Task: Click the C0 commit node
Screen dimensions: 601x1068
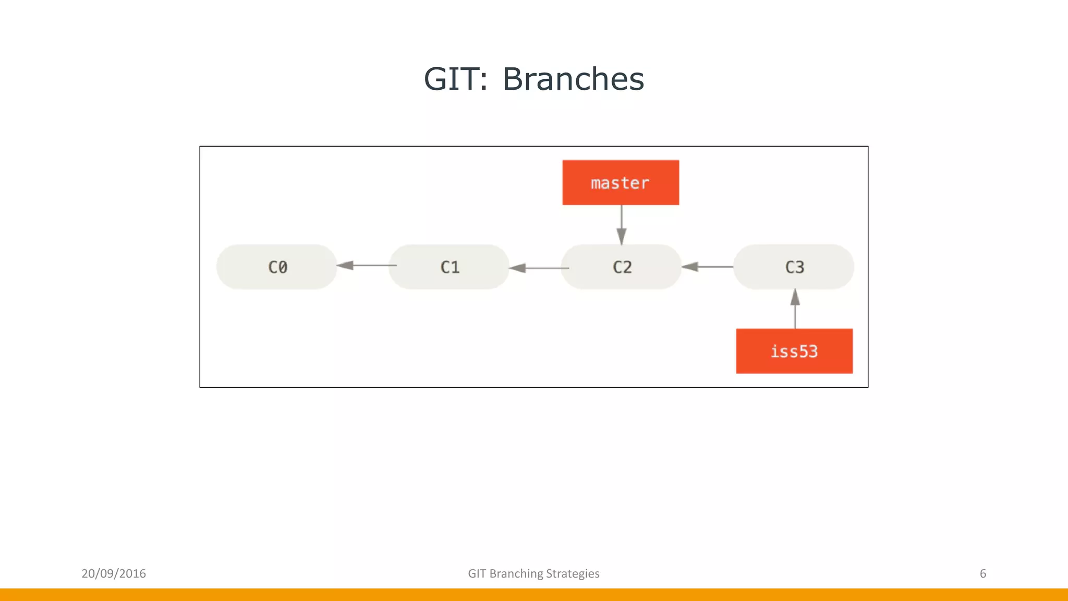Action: pyautogui.click(x=277, y=267)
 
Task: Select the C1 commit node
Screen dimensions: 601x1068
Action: pyautogui.click(x=449, y=267)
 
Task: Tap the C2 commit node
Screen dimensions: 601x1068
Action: pyautogui.click(x=622, y=267)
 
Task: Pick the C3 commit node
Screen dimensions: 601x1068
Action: pyautogui.click(x=794, y=267)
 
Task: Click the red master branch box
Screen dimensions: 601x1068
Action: pyautogui.click(x=621, y=183)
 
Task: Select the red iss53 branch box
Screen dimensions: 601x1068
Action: pyautogui.click(x=794, y=351)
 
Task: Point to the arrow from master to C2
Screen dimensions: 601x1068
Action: pyautogui.click(x=621, y=224)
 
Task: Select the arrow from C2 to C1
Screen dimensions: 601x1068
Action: pyautogui.click(x=539, y=268)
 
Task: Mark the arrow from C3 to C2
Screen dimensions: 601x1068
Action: pyautogui.click(x=708, y=267)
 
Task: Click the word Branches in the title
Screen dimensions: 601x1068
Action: pyautogui.click(x=573, y=79)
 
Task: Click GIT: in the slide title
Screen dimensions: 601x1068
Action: pyautogui.click(x=456, y=79)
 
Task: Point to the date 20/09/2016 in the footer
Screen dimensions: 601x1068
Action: pyautogui.click(x=114, y=573)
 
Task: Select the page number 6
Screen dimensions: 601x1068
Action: pyautogui.click(x=982, y=573)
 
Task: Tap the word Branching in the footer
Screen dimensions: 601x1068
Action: pyautogui.click(x=516, y=573)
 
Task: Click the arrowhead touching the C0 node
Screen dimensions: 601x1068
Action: pyautogui.click(x=345, y=266)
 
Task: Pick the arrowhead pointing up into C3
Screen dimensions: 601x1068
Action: pyautogui.click(x=795, y=297)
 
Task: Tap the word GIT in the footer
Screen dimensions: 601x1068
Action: pyautogui.click(x=477, y=573)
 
